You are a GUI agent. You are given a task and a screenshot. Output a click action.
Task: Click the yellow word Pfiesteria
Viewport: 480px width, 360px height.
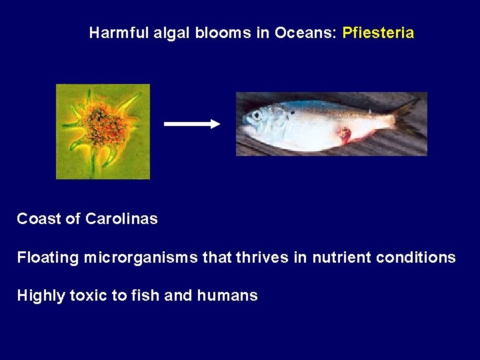378,33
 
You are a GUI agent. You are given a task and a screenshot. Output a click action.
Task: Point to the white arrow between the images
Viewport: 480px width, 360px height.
192,124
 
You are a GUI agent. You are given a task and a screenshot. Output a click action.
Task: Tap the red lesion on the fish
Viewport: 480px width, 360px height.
345,135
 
